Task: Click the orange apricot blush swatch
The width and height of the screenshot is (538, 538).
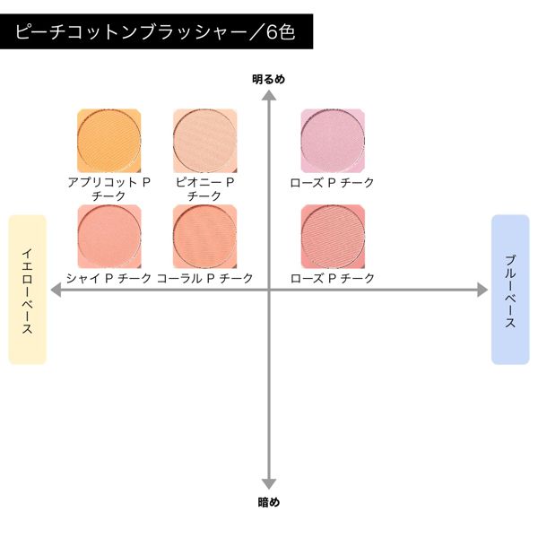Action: coord(109,141)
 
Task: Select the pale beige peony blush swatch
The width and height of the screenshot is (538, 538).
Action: coord(204,141)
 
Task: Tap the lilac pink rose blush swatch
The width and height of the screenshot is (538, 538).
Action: coord(333,141)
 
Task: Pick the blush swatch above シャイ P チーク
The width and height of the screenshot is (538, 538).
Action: coord(109,237)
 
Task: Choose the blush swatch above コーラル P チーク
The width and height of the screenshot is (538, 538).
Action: coord(204,237)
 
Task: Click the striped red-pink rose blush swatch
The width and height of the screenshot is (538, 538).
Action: coord(333,237)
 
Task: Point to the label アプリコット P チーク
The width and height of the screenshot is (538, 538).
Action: coord(109,189)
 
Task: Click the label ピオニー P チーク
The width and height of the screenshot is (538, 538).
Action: coord(204,189)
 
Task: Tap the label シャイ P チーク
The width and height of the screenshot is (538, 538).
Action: coord(109,278)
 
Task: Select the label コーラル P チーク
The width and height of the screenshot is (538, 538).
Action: coord(204,278)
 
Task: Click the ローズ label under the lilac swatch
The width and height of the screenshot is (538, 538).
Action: coord(332,183)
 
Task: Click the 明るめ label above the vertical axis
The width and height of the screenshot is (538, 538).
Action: coord(269,80)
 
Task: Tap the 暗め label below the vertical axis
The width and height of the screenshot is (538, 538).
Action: coord(269,502)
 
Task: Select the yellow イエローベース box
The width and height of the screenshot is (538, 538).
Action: coord(28,290)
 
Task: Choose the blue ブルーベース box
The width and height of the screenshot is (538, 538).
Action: coord(510,290)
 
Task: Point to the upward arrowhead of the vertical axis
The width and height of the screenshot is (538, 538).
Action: coord(269,95)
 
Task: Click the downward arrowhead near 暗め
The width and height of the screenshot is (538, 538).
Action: coord(269,484)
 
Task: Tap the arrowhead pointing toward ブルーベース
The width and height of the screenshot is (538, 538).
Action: coord(482,290)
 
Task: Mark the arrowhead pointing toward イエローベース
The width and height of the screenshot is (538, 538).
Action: coord(56,290)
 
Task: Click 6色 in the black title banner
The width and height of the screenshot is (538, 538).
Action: coord(281,32)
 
